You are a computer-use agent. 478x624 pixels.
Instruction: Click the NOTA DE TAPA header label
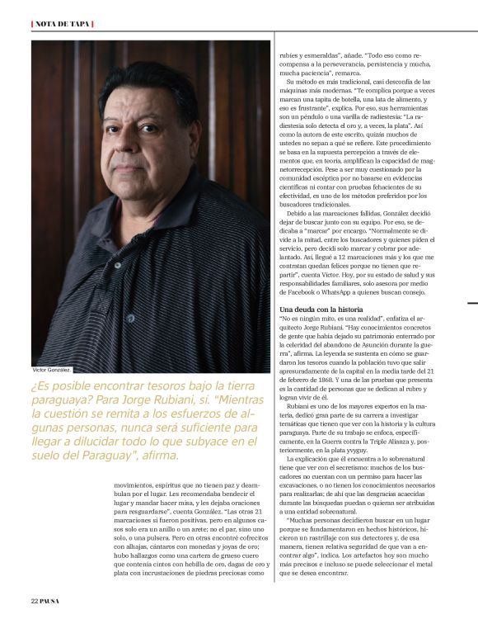pos(63,23)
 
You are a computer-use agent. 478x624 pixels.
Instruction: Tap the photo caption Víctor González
pos(51,370)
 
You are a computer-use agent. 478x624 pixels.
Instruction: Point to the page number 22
pos(35,599)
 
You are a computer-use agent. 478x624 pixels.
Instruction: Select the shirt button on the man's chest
pos(130,318)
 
